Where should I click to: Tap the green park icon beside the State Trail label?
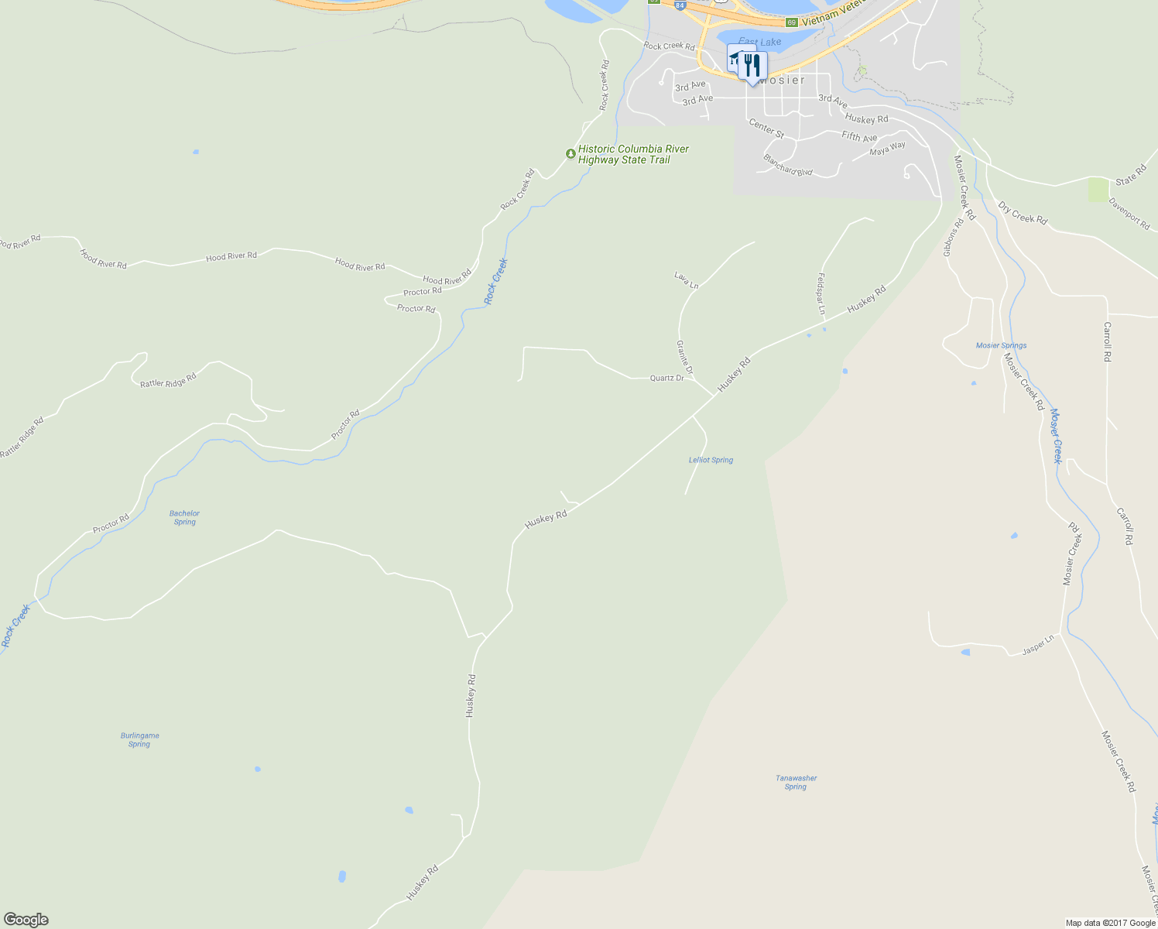click(570, 154)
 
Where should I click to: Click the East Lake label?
click(759, 42)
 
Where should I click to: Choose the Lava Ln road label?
click(686, 280)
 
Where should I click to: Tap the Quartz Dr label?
click(666, 378)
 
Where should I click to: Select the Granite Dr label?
click(684, 358)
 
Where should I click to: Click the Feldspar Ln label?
click(821, 293)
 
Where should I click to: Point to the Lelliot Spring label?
click(711, 460)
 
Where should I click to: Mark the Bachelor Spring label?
click(184, 517)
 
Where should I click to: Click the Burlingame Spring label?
click(139, 740)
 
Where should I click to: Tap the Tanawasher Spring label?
click(796, 782)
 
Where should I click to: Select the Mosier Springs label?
click(1001, 345)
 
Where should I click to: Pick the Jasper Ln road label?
click(1038, 645)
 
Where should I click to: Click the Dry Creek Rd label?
click(1022, 214)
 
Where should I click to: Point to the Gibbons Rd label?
click(953, 238)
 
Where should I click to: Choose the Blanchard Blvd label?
click(787, 165)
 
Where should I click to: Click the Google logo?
click(26, 920)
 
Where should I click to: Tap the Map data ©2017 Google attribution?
click(1110, 923)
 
